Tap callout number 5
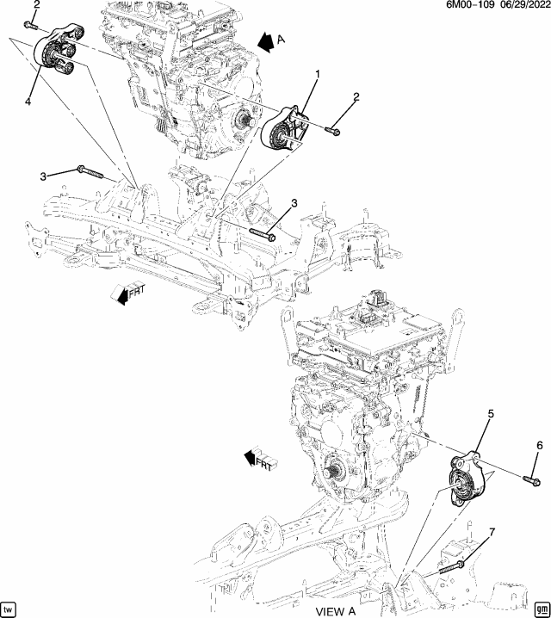coord(491,414)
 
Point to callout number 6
coord(540,445)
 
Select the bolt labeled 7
coord(455,565)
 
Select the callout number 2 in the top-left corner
coord(36,5)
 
